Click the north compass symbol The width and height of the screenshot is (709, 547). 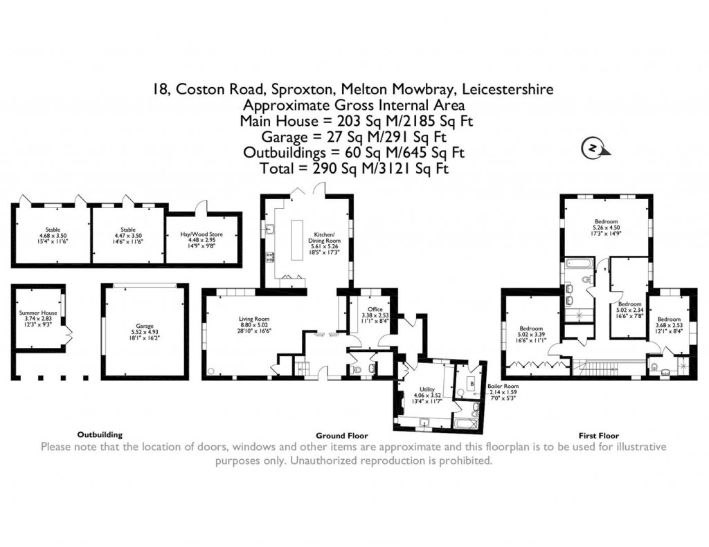coord(592,148)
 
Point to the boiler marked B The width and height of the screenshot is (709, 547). coord(472,382)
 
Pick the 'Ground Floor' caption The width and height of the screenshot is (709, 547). coord(341,436)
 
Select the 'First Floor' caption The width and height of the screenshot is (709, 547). coord(598,436)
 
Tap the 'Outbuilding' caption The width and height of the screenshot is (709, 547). coord(100,435)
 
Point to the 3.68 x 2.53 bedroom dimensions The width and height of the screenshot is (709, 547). coord(668,311)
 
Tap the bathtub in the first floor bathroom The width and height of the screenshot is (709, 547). coord(575,263)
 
